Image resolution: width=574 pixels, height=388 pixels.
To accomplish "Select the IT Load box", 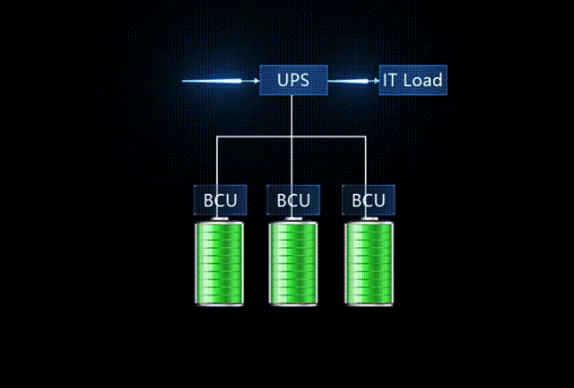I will coord(412,80).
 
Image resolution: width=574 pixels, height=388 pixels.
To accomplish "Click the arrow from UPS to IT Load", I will coord(353,81).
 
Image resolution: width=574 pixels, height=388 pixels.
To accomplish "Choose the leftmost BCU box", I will coord(219,199).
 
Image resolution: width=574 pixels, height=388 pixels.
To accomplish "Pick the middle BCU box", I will coord(293,199).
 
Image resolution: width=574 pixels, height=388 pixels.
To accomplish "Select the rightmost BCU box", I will coord(368,199).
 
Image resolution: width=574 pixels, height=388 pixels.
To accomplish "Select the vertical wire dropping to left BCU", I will coord(218,162).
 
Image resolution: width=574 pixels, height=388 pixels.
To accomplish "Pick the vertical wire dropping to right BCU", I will coord(367,162).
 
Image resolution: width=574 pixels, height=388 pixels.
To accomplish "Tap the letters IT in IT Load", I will coord(391,80).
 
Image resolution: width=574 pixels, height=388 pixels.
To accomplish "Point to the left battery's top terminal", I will coord(219,218).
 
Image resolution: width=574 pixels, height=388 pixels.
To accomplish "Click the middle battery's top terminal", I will coord(293,218).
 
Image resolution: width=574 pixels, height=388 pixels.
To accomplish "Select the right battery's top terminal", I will coord(369,218).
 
